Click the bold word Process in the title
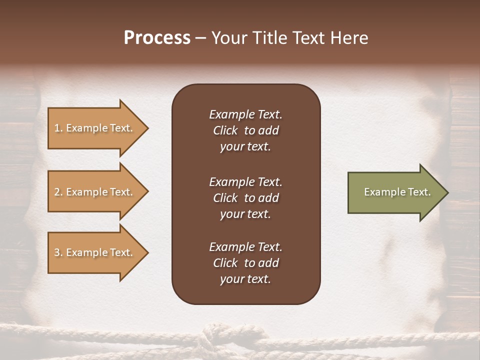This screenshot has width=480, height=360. (157, 38)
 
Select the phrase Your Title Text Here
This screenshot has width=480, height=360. (289, 38)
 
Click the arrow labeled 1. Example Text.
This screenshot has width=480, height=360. (95, 128)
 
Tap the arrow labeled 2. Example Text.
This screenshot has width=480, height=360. (95, 192)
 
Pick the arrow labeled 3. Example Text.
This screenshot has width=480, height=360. (95, 252)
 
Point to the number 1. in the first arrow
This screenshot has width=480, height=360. (58, 128)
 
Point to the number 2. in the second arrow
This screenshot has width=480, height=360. (58, 192)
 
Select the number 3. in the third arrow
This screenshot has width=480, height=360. (58, 252)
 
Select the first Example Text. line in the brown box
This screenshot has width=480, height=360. (245, 114)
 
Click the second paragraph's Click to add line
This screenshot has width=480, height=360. (245, 198)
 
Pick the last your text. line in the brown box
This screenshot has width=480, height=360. (245, 279)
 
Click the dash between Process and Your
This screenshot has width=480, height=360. (201, 38)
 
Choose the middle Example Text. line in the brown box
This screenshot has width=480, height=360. (245, 182)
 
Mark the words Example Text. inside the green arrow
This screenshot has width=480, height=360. (397, 192)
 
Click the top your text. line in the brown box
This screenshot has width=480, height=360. (245, 146)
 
